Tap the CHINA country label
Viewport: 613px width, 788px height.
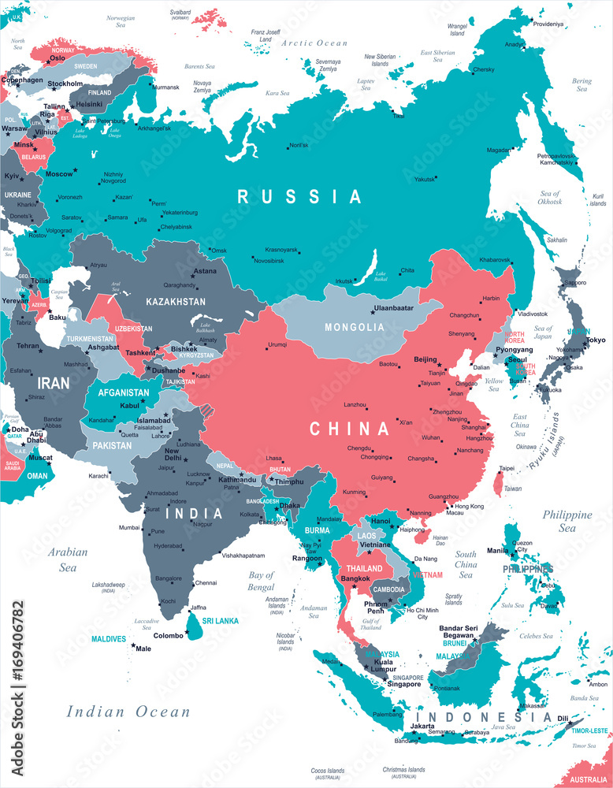tap(349, 429)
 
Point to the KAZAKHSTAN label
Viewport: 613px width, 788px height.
tap(175, 301)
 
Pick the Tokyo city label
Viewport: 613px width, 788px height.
tap(596, 340)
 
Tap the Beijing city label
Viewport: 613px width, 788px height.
tap(425, 359)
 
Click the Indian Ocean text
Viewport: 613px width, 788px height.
tap(128, 712)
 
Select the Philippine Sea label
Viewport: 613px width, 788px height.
tap(567, 522)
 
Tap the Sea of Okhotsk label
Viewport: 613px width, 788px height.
tap(549, 198)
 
